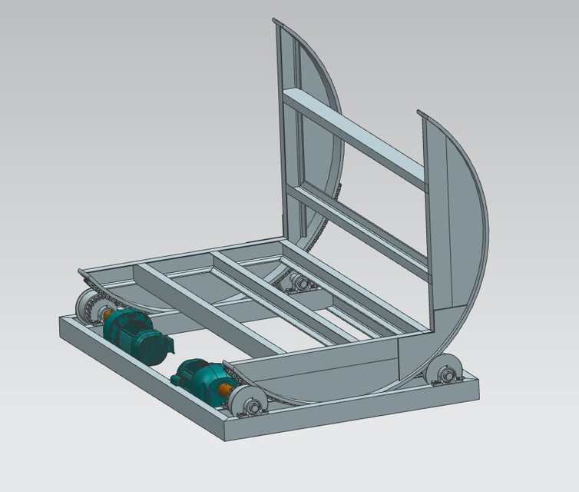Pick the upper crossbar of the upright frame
coord(353,138)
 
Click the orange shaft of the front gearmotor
coord(226,391)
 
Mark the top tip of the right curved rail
coord(421,114)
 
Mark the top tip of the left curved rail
coord(276,22)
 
